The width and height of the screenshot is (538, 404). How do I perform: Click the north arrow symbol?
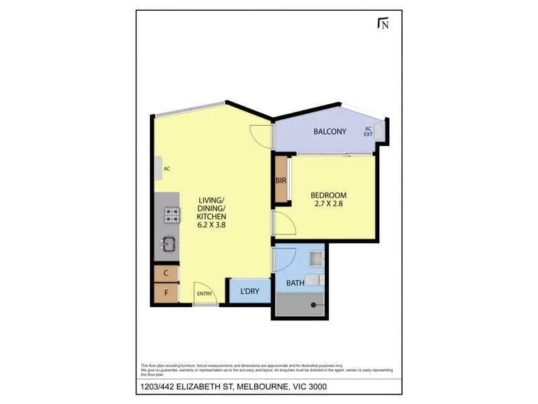383,24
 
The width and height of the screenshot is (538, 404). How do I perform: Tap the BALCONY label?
330,132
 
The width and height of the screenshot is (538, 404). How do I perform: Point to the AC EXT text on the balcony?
368,131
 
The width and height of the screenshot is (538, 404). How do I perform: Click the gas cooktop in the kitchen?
173,215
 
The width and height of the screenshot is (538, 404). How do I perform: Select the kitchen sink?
167,244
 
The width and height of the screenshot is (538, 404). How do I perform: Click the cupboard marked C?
166,273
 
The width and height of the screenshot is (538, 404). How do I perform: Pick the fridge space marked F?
166,294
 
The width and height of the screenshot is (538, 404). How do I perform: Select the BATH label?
295,283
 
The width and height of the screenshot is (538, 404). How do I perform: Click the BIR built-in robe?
281,180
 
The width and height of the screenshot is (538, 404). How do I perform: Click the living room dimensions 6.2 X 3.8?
212,226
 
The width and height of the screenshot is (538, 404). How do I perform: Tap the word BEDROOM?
328,195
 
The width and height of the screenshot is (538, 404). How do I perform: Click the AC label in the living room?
166,169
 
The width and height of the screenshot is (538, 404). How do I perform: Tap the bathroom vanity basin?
317,257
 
